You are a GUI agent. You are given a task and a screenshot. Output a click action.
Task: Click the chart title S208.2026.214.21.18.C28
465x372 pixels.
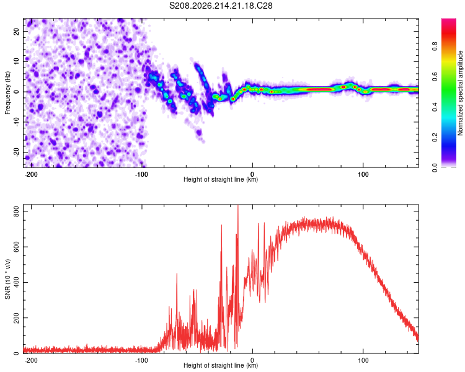[221, 6]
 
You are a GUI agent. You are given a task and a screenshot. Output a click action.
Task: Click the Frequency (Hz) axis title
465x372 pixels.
[7, 93]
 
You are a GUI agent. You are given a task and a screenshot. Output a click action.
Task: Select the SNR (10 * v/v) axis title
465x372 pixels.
[7, 279]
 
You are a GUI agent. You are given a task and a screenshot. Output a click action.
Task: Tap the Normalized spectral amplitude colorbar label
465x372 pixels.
[460, 93]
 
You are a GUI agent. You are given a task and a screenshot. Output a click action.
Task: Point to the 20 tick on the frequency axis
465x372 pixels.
[16, 31]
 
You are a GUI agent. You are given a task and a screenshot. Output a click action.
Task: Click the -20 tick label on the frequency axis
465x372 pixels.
[16, 152]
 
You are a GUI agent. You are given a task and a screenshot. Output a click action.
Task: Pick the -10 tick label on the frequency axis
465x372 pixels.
[16, 122]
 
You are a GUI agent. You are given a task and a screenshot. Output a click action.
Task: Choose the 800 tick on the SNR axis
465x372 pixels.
[16, 211]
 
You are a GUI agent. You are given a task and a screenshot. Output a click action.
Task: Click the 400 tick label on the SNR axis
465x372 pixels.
[16, 282]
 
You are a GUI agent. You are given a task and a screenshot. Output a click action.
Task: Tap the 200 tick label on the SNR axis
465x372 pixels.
[16, 317]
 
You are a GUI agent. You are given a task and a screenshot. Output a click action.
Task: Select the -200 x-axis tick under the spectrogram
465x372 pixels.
[30, 174]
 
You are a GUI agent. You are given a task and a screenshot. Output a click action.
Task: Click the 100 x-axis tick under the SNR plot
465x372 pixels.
[363, 360]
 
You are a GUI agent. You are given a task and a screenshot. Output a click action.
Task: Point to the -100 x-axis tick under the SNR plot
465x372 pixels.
[141, 360]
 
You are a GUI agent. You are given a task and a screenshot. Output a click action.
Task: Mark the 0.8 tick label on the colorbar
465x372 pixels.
[435, 46]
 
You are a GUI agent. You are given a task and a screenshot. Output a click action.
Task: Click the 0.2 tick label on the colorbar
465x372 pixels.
[435, 138]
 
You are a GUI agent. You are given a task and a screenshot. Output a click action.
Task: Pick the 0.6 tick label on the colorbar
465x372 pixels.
[435, 76]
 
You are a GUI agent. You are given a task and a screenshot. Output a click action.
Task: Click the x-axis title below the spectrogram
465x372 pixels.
[221, 179]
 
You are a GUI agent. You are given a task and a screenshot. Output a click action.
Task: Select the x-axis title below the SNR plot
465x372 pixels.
[221, 365]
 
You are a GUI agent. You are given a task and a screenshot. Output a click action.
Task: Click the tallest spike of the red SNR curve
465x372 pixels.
[238, 206]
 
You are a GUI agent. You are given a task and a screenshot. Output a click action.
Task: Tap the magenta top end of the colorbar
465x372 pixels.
[449, 20]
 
